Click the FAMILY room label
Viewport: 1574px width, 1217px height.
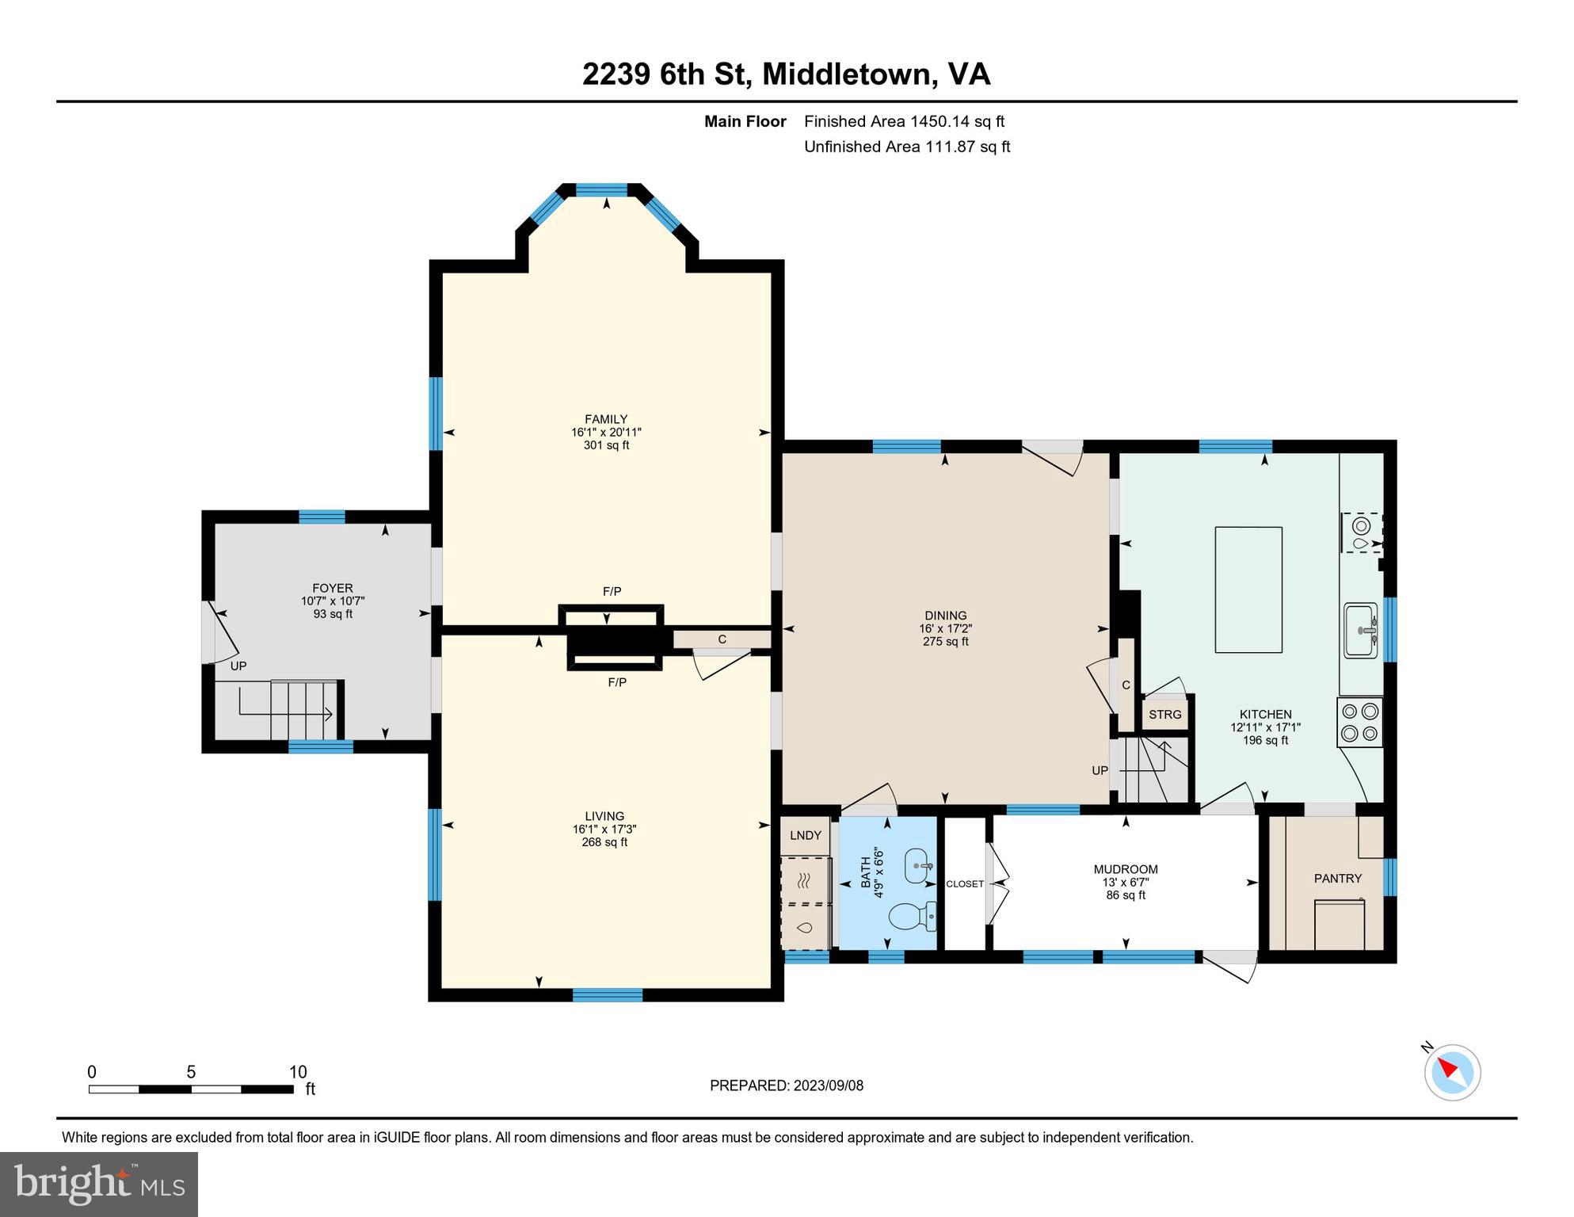(x=606, y=419)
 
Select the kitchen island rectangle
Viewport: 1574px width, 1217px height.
(x=1248, y=589)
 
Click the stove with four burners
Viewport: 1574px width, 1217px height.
(x=1359, y=722)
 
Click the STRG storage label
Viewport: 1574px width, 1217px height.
(x=1164, y=714)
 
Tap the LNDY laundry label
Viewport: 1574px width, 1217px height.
(x=806, y=834)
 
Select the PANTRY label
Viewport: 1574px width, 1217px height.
(x=1337, y=878)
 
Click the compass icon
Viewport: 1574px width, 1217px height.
(x=1452, y=1072)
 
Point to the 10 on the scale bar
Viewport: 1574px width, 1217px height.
(x=298, y=1072)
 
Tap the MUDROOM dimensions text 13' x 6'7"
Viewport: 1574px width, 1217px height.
(x=1126, y=882)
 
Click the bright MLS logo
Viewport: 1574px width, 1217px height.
(x=99, y=1184)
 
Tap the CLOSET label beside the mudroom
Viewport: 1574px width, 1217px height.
(x=965, y=883)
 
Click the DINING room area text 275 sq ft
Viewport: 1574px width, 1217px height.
(x=945, y=641)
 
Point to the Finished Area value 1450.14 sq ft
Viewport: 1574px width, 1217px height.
(x=957, y=121)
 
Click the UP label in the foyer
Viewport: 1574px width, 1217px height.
(x=238, y=666)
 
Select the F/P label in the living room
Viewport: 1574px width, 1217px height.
(x=616, y=681)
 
